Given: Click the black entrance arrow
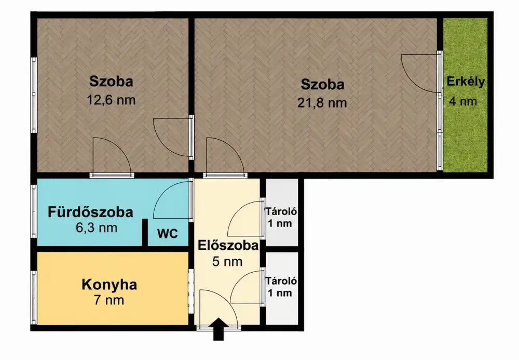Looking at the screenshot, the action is [218, 329].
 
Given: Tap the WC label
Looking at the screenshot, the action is [168, 234].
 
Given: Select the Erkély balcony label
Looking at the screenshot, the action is [466, 82].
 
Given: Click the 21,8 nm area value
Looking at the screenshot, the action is [322, 103].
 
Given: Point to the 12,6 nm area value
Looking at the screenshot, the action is [111, 100].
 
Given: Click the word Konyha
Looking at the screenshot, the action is [109, 285].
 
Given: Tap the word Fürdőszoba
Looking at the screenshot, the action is [90, 212].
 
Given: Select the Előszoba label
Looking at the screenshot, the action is [228, 246].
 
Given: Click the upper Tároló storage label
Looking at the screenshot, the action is [281, 211].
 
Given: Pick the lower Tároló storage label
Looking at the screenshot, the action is [281, 281].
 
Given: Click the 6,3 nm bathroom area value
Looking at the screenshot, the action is [97, 228].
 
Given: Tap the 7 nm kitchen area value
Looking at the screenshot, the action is [109, 300].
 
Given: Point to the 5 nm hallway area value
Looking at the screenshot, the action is [227, 262].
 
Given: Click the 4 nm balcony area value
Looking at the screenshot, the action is [463, 101].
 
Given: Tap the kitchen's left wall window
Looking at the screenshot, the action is [33, 298].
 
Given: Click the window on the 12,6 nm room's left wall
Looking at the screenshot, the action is [34, 95].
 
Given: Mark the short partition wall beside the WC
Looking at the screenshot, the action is [145, 232].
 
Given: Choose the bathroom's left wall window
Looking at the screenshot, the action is [33, 211].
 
